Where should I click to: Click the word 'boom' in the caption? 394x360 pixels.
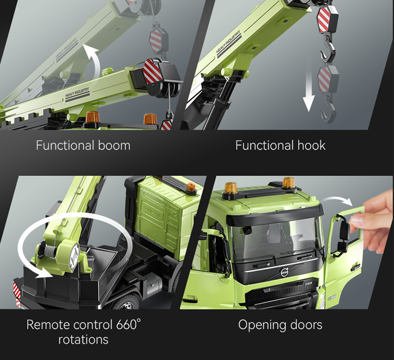114,145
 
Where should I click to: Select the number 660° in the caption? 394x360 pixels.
129,324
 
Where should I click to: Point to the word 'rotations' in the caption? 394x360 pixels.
84,339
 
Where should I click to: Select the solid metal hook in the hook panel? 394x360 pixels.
328,49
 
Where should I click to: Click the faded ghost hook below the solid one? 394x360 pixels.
328,109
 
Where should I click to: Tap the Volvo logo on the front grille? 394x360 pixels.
284,272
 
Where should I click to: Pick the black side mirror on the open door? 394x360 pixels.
344,233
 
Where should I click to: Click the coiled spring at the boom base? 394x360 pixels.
50,251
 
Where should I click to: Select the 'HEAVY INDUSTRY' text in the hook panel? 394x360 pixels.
228,42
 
